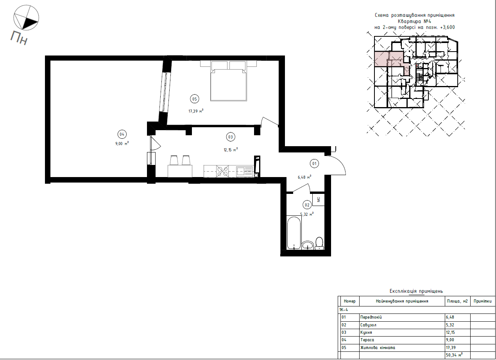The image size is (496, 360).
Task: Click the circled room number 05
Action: point(194,99)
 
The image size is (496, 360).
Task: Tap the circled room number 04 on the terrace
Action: point(122,134)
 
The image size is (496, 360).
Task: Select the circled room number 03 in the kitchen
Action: point(231,137)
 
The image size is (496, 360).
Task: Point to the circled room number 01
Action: point(314,164)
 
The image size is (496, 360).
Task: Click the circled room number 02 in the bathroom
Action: point(307,205)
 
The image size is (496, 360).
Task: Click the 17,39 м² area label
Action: point(196,111)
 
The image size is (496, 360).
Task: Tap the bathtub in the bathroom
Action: point(294,233)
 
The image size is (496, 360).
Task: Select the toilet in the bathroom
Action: point(319,244)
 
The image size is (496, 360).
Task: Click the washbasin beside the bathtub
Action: point(308,245)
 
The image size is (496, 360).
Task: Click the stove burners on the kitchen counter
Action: point(222,171)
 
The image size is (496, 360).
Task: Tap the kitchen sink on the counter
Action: point(244,171)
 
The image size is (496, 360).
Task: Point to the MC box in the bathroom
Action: point(319,199)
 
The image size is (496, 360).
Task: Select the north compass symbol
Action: point(26,18)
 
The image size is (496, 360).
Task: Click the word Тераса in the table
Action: point(367,340)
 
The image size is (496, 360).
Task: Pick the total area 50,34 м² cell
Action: point(454,355)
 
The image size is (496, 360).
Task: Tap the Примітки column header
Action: point(482,301)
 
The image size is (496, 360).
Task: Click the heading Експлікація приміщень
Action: point(416,291)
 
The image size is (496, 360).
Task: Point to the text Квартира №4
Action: point(415,21)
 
